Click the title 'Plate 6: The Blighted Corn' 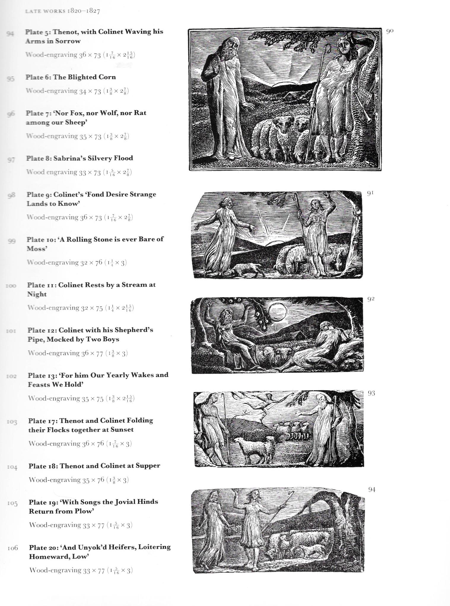[71, 77]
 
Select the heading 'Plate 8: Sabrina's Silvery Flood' [79, 158]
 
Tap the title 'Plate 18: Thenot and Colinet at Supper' [94, 465]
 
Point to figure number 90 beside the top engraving [389, 31]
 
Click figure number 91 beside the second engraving [370, 193]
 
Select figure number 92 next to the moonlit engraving [371, 299]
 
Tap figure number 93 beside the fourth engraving [371, 393]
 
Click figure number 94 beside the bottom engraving [372, 489]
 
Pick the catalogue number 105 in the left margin [12, 503]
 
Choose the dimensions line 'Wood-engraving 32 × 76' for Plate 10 [77, 262]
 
